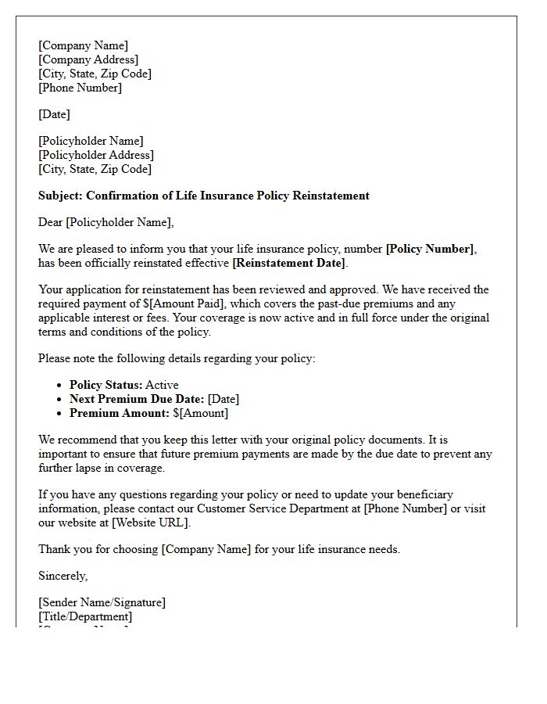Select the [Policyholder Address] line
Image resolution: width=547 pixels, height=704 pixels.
coord(96,155)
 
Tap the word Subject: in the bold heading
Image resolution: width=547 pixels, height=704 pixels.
coord(61,196)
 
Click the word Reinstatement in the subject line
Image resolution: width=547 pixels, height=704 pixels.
coord(331,196)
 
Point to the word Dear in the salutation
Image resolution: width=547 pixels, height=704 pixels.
coord(51,222)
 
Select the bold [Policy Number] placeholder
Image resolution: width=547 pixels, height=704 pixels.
coord(431,249)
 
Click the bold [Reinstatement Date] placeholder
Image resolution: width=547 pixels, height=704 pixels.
coord(289,263)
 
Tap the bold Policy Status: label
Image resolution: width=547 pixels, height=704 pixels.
coord(105,385)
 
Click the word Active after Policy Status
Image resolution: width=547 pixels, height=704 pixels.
coord(162,385)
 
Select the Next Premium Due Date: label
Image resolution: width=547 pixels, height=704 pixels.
coord(137,399)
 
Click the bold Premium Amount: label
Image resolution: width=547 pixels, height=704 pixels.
coord(120,413)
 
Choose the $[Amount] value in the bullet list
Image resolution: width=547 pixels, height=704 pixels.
coord(201,413)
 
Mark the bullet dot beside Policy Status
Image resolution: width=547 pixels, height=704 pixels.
coord(59,386)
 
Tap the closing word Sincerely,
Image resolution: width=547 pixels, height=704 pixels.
coord(63,576)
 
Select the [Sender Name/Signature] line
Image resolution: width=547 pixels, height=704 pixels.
coord(102,602)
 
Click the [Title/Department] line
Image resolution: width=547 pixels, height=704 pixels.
coord(85,616)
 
